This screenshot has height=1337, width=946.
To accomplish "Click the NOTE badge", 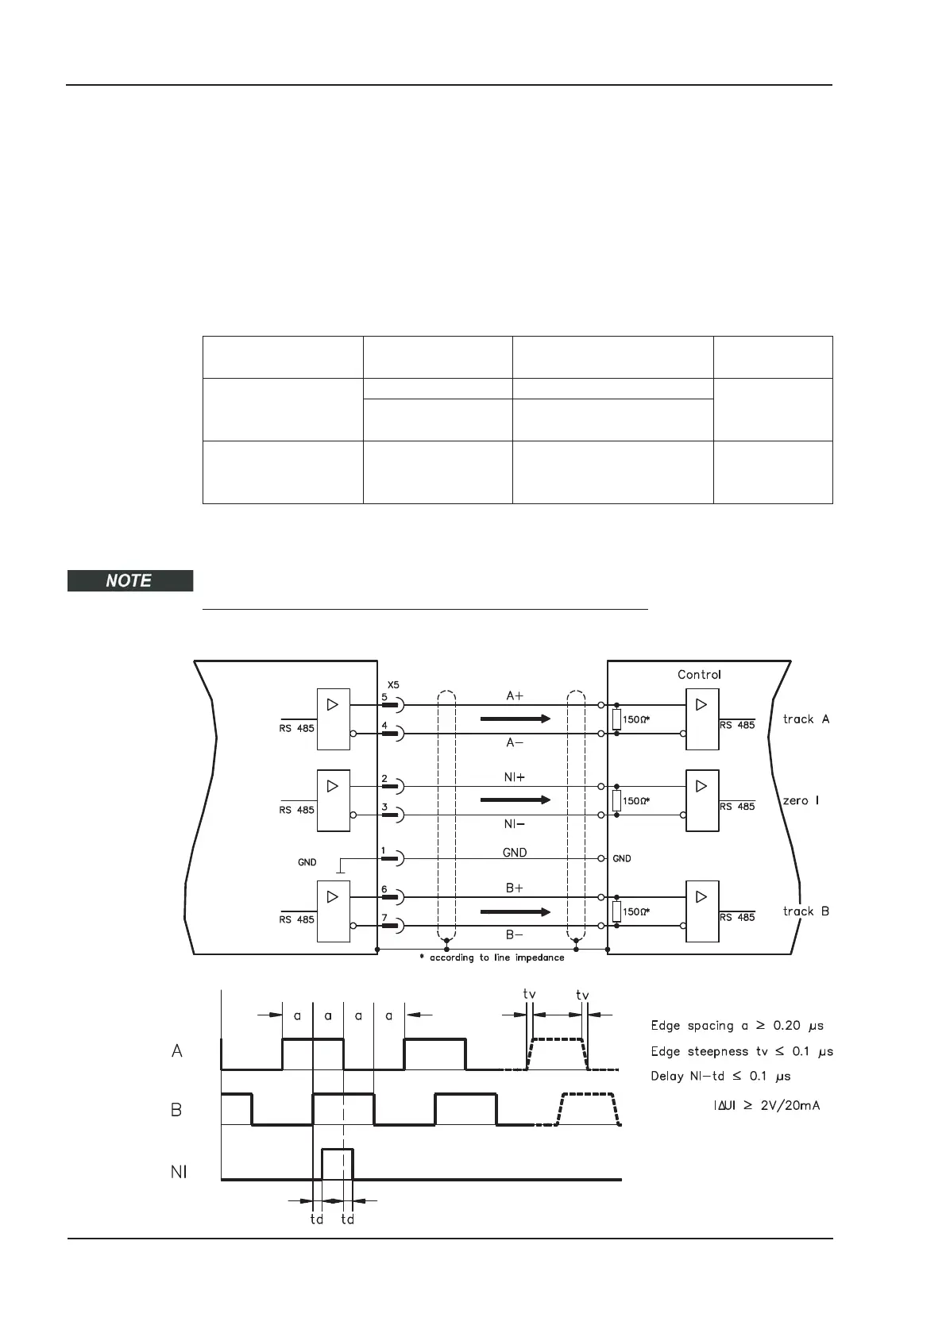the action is pos(129,580).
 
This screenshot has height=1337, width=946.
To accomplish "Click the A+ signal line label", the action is pos(515,695).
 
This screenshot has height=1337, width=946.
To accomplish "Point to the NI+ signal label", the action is pos(515,778).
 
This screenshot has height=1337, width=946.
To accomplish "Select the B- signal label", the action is pos(515,935).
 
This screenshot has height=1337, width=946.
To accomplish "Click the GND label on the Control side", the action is pos(622,859).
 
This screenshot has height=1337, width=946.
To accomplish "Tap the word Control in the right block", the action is pos(699,675).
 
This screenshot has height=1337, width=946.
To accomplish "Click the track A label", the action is pos(805,719).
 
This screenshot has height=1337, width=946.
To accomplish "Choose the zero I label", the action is pos(801,800).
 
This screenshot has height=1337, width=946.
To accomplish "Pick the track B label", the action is pos(805,911).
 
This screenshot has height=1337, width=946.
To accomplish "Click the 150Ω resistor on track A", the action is pos(616,719).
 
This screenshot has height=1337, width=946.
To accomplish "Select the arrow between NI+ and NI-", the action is pos(515,800).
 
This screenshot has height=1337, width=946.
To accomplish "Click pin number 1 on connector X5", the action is pos(384,850).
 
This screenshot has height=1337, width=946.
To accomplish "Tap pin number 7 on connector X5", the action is pos(384,918).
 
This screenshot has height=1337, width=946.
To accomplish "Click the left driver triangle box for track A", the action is pos(333,719).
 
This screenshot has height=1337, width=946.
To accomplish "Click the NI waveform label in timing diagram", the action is pos(180,1172).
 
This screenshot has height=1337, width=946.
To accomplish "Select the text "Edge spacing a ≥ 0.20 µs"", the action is pos(737,1026).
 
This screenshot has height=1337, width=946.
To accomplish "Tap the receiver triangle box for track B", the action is pos(701,911).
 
